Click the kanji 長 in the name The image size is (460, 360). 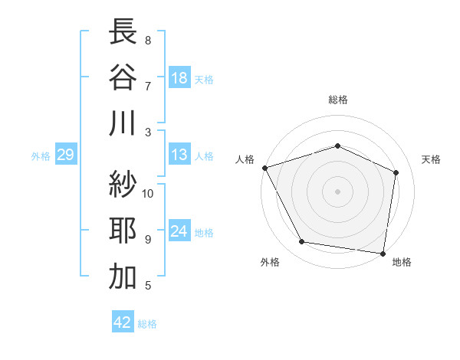click(123, 32)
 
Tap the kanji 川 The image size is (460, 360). click(123, 123)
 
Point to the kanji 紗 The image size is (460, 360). click(123, 184)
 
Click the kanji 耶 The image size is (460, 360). click(123, 230)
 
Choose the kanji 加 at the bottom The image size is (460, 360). click(123, 277)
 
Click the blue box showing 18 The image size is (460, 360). click(179, 78)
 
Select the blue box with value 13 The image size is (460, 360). click(179, 155)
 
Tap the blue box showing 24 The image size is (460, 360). click(179, 231)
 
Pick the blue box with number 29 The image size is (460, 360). click(65, 155)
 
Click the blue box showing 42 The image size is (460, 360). click(123, 322)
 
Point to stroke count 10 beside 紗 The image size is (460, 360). click(149, 193)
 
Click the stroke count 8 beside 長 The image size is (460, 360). click(148, 40)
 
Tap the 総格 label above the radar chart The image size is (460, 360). click(337, 100)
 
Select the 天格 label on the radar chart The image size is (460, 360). click(431, 159)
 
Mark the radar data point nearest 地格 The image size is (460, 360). click(383, 253)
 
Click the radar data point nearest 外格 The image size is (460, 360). click(301, 242)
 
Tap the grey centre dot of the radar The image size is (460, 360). click(337, 191)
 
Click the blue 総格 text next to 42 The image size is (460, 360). click(147, 324)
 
